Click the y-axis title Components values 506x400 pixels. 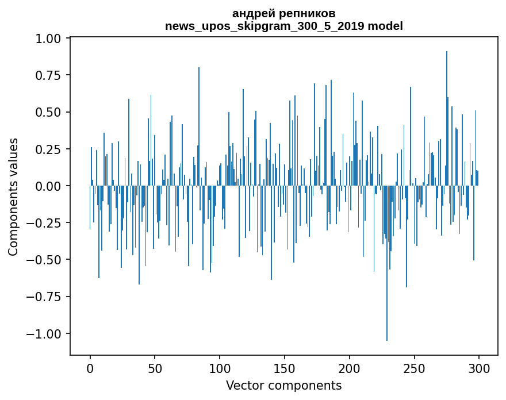point(13,197)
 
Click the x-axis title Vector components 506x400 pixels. point(283,386)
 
